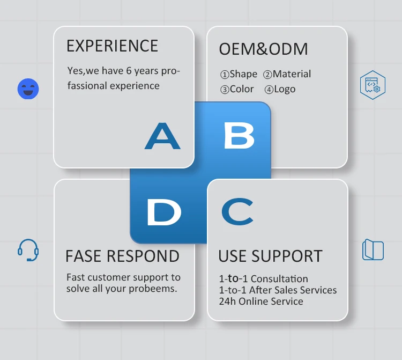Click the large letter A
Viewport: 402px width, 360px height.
[162, 136]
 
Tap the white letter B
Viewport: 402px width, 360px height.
[239, 136]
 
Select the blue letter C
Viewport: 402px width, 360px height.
[237, 212]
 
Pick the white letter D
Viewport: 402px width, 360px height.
[163, 213]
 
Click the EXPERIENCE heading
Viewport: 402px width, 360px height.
[112, 46]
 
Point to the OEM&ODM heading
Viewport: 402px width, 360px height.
[263, 49]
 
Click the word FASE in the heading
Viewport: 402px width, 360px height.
[83, 256]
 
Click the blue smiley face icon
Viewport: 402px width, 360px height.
[28, 89]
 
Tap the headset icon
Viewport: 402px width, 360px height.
[28, 250]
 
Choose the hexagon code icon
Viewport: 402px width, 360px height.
[373, 85]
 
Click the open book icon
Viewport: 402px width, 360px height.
[373, 250]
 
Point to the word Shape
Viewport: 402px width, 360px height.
[243, 74]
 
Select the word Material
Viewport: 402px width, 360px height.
[292, 74]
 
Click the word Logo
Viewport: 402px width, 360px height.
[284, 89]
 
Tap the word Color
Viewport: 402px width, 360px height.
[241, 89]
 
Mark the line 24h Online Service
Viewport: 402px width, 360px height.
[260, 302]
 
